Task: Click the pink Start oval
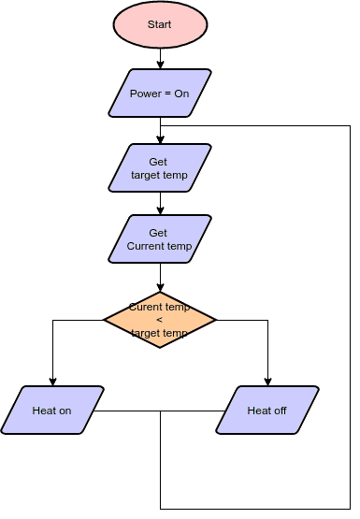(159, 24)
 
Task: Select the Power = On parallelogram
(159, 94)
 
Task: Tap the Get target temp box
(159, 168)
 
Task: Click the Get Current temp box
(159, 239)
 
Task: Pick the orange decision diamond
(159, 320)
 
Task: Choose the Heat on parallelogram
(51, 411)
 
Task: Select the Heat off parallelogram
(267, 411)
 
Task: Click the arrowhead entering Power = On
(160, 66)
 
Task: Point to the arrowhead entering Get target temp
(160, 140)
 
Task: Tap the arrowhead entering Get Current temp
(160, 211)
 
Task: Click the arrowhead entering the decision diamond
(160, 287)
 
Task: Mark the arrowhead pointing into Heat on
(52, 382)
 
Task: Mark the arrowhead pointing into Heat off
(267, 382)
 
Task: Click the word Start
(159, 24)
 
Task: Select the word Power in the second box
(146, 94)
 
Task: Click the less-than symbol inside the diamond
(159, 320)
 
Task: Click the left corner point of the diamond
(103, 320)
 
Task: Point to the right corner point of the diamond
(216, 320)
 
